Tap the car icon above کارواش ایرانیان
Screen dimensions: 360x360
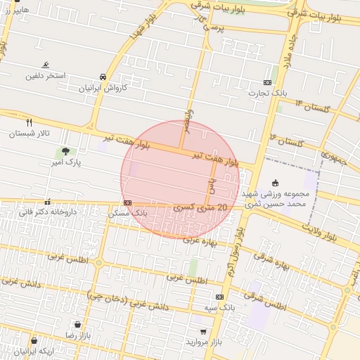point(103,77)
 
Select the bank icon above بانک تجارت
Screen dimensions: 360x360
point(267,82)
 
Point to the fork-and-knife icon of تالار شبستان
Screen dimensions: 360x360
point(28,122)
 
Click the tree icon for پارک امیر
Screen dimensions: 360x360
point(65,150)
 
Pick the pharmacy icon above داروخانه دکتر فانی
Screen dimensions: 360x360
point(47,201)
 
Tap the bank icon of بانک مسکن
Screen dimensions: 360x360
point(127,202)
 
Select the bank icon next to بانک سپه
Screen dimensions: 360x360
point(219,297)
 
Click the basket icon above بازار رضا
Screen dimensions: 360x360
point(77,325)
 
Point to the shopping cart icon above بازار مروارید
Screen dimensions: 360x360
point(203,331)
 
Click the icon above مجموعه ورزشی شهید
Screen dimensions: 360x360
point(274,181)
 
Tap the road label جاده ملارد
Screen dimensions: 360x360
point(290,52)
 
